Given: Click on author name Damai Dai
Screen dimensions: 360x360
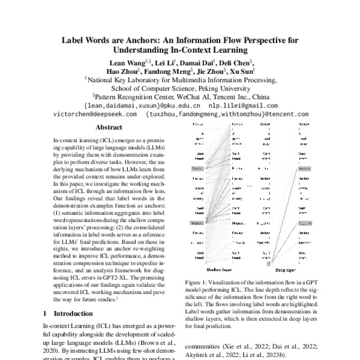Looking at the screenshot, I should click(x=201, y=63).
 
